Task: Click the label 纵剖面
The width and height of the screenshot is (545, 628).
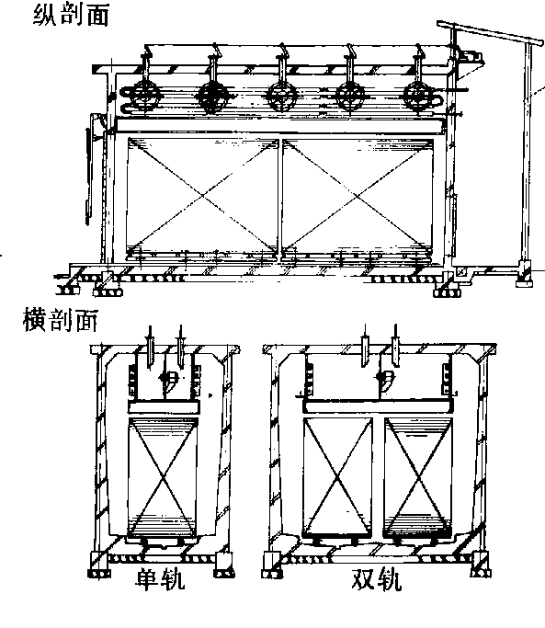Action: pyautogui.click(x=71, y=16)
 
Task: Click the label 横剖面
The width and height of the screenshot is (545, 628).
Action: pyautogui.click(x=60, y=319)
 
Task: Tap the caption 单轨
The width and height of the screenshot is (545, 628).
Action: pyautogui.click(x=160, y=578)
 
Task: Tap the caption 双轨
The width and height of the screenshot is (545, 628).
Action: pyautogui.click(x=377, y=578)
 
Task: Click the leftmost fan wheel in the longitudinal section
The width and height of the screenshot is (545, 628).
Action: pyautogui.click(x=143, y=97)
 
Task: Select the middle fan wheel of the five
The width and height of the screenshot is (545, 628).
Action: pyautogui.click(x=282, y=97)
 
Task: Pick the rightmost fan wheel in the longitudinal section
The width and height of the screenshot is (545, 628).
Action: pyautogui.click(x=418, y=97)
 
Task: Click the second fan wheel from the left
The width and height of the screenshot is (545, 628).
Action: pyautogui.click(x=212, y=97)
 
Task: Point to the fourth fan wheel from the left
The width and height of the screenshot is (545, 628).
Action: pyautogui.click(x=350, y=97)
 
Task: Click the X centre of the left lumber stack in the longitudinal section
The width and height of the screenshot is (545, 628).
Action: pyautogui.click(x=202, y=196)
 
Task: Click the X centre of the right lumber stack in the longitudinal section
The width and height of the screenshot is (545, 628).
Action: pyautogui.click(x=358, y=196)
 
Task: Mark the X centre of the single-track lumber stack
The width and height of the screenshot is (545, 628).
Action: pyautogui.click(x=163, y=476)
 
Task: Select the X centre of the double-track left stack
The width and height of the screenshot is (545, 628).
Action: pyautogui.click(x=337, y=476)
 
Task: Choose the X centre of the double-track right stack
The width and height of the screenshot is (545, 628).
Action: pyautogui.click(x=418, y=476)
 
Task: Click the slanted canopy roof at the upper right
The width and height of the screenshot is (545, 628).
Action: pyautogui.click(x=490, y=32)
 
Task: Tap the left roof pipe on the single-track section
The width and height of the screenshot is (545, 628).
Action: pyautogui.click(x=150, y=347)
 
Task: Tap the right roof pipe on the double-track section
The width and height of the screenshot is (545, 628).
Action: pyautogui.click(x=395, y=345)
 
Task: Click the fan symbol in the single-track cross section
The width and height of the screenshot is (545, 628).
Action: pyautogui.click(x=166, y=379)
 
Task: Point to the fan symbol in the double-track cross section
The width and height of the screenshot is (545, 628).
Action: pyautogui.click(x=383, y=379)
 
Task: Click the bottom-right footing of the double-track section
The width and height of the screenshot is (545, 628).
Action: pyautogui.click(x=480, y=565)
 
